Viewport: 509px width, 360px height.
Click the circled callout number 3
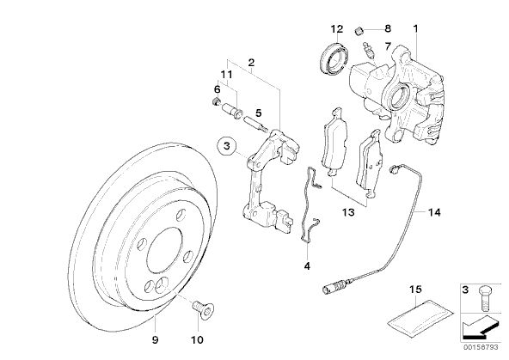(227, 146)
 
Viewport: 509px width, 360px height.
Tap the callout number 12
(337, 29)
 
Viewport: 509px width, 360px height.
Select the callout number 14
(434, 212)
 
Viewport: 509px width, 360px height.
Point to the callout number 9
(155, 339)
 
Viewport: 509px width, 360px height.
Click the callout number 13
(348, 212)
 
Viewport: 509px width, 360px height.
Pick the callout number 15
(415, 289)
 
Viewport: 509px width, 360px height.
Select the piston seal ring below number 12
(334, 58)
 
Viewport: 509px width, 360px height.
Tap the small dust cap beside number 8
(358, 32)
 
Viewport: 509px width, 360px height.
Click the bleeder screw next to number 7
(370, 51)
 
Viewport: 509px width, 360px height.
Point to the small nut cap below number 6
(215, 101)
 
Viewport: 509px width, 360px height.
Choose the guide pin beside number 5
(255, 125)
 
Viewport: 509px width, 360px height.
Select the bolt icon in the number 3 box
(485, 299)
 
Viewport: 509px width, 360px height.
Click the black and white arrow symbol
(480, 327)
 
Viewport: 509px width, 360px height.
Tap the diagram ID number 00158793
(481, 347)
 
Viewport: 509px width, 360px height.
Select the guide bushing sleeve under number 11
(232, 110)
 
